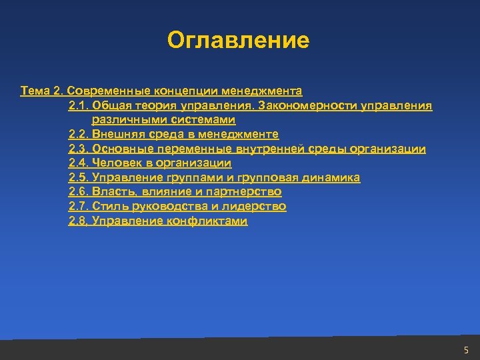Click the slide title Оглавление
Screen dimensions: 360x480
point(239,40)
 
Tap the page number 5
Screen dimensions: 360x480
point(466,349)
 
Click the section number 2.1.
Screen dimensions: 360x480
point(78,105)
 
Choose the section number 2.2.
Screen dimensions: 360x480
point(78,134)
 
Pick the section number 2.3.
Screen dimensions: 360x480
point(78,149)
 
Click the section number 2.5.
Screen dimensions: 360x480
point(78,178)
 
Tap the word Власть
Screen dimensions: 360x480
point(112,192)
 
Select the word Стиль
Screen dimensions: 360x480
point(108,207)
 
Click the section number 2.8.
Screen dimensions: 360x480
point(78,221)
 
